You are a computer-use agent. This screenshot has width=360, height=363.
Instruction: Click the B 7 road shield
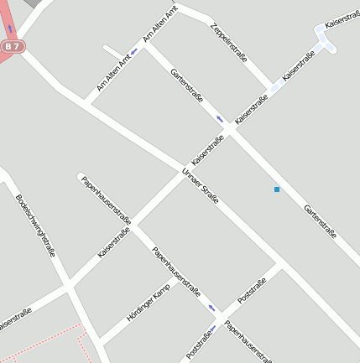(x=11, y=48)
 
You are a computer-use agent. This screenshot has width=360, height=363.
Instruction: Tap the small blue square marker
(x=277, y=189)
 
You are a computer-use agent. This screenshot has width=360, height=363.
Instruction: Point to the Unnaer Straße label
(x=200, y=186)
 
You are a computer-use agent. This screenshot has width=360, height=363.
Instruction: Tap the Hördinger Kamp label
(x=148, y=303)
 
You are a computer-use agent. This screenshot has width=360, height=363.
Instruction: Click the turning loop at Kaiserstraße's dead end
(x=324, y=36)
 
